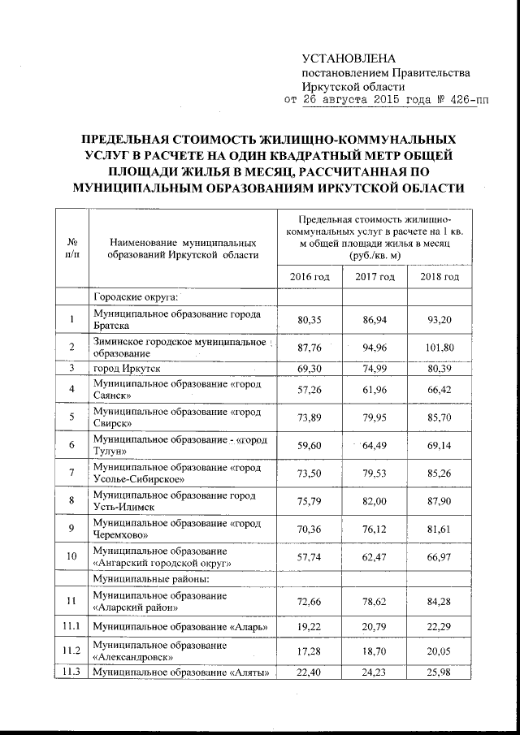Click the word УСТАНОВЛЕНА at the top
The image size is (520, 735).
pos(347,58)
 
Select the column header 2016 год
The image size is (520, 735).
pos(309,277)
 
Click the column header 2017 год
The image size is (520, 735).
pos(375,277)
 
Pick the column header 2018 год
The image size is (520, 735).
pos(440,277)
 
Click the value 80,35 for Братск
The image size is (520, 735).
pos(309,320)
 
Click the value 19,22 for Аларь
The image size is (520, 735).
pos(309,629)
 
